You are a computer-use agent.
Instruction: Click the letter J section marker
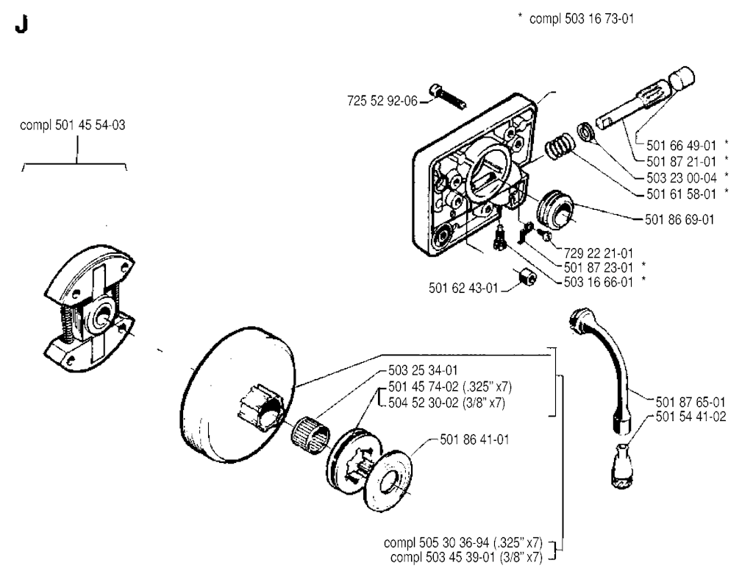tap(21, 24)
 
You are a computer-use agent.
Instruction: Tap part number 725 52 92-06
tap(382, 101)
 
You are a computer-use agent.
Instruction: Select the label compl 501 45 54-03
tap(73, 125)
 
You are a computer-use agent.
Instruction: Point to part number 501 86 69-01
tap(679, 220)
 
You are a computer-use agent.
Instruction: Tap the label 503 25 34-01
tap(423, 370)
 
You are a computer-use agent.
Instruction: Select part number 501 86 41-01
tap(474, 439)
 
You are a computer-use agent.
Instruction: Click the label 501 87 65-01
tap(690, 402)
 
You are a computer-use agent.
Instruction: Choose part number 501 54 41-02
tap(690, 417)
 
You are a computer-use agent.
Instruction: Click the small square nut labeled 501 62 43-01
tap(527, 277)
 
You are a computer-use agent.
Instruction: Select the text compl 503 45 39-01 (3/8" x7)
tap(466, 557)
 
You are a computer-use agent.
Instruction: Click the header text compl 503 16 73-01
tap(582, 18)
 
